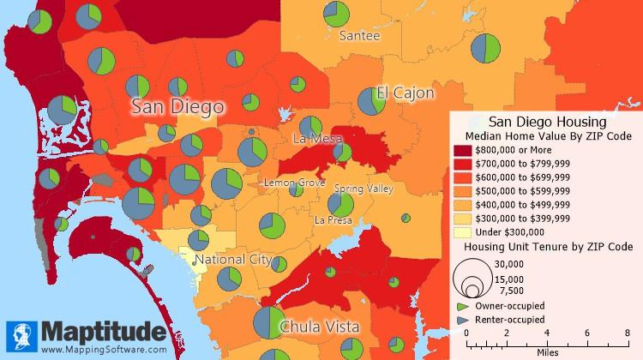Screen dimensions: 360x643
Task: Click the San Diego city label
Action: pyautogui.click(x=177, y=107)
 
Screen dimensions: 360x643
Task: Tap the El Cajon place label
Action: pyautogui.click(x=405, y=93)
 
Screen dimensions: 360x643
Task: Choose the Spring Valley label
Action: pyautogui.click(x=363, y=189)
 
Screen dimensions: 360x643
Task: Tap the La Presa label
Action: pyautogui.click(x=333, y=220)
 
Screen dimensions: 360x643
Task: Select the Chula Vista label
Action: pyautogui.click(x=319, y=327)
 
